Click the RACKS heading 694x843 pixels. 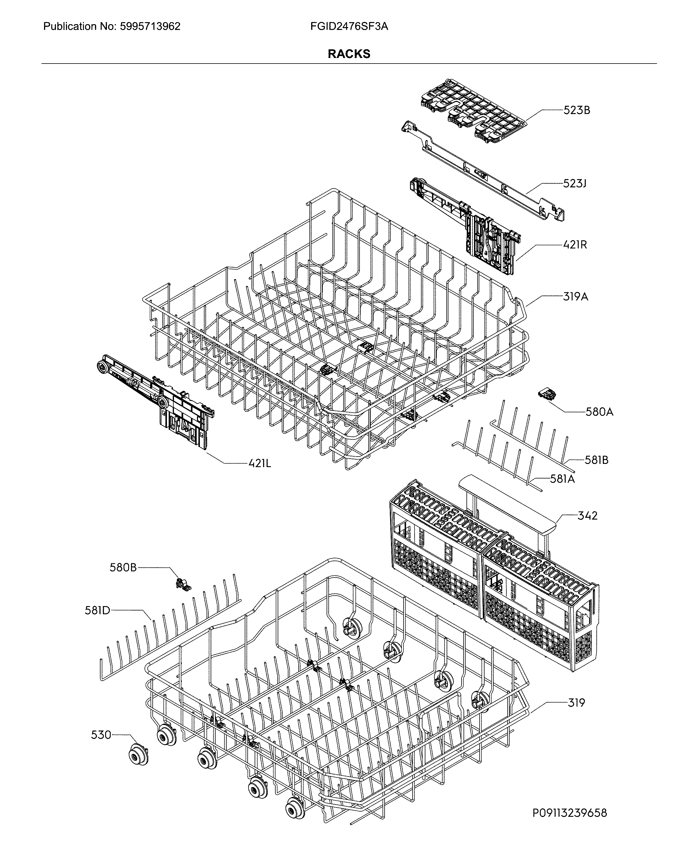[x=349, y=54]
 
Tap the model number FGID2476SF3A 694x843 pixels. [x=349, y=27]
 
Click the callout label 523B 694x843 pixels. [x=577, y=110]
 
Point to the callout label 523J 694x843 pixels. [x=575, y=184]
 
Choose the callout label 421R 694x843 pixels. [x=575, y=245]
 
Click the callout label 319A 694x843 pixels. [x=576, y=297]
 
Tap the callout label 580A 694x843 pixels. [x=599, y=412]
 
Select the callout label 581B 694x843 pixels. [x=596, y=460]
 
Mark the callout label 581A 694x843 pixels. [x=563, y=479]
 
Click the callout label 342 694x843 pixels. [x=587, y=516]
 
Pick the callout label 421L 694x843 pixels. [x=260, y=463]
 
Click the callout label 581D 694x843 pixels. [x=97, y=610]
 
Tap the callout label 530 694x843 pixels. [x=101, y=735]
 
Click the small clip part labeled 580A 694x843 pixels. [x=547, y=394]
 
